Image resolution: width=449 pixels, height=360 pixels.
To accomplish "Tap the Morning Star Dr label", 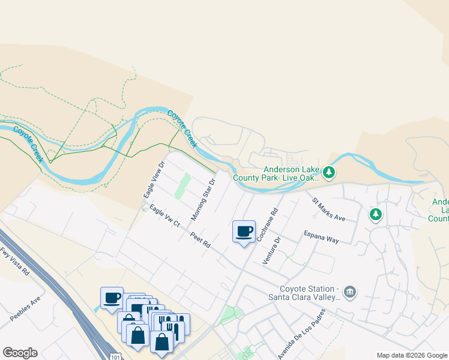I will point(203,199).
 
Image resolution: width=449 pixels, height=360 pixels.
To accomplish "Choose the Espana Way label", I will point(321,236).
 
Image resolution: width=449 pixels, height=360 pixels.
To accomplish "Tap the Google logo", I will point(20,353).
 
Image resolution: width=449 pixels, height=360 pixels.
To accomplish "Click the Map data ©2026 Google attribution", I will point(411,355).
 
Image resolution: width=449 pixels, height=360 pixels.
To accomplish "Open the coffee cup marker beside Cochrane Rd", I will point(244,232).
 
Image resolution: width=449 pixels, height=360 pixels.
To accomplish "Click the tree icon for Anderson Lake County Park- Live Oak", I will point(328,173).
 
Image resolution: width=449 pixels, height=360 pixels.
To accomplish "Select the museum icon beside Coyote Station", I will point(350,292).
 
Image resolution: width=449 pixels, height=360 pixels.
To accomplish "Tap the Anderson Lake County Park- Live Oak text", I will point(292,173).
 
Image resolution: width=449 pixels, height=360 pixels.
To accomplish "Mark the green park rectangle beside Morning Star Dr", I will point(182,186).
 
